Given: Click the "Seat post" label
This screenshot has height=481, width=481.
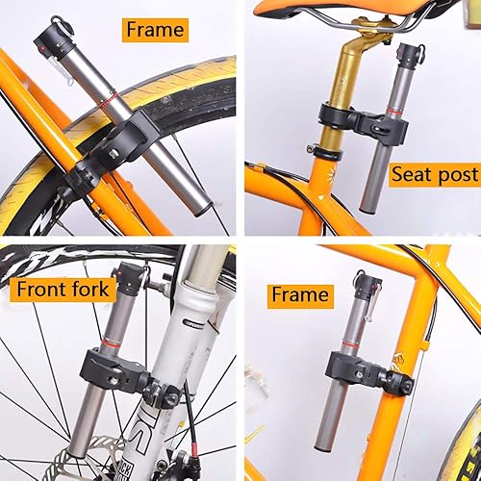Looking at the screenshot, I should click(434, 175).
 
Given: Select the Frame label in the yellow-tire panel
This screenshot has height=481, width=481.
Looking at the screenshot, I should click(155, 30).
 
